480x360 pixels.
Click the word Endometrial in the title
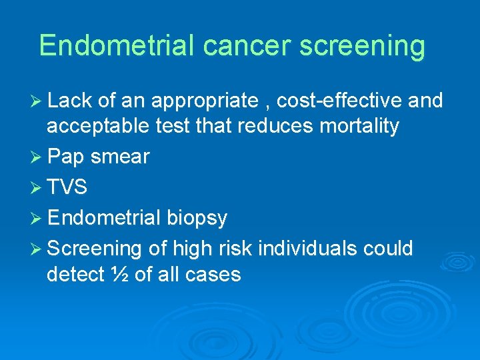tap(117, 45)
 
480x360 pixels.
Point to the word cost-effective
tap(339, 101)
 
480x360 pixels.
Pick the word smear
tap(120, 157)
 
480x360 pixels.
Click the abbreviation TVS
tap(67, 187)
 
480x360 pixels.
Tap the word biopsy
tap(197, 218)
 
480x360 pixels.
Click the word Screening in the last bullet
tap(95, 249)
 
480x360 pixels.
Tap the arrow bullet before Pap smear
tap(37, 157)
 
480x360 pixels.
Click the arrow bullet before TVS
tap(37, 187)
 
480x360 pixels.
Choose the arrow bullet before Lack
tap(37, 101)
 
